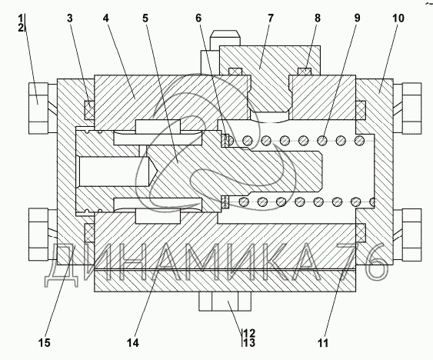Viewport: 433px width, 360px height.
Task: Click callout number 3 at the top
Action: pyautogui.click(x=69, y=18)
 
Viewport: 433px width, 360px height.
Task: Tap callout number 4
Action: pyautogui.click(x=106, y=18)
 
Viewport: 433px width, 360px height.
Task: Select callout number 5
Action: pyautogui.click(x=145, y=18)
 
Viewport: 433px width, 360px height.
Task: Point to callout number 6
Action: pyautogui.click(x=198, y=18)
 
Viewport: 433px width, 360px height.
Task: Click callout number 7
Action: pyautogui.click(x=271, y=18)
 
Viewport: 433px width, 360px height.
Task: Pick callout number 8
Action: pyautogui.click(x=318, y=18)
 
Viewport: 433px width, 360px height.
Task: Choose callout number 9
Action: pyautogui.click(x=357, y=18)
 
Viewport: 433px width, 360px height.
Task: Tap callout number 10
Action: pyautogui.click(x=398, y=18)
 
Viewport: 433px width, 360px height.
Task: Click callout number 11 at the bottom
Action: pyautogui.click(x=323, y=343)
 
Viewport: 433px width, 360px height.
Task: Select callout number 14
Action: pyautogui.click(x=133, y=343)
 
